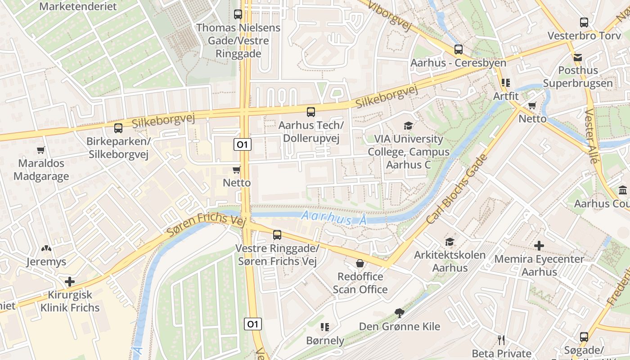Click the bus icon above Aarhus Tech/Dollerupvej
310,112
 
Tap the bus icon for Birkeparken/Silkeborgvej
118,128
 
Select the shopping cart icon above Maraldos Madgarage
41,150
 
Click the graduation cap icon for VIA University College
408,126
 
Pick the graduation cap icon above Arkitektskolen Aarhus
450,242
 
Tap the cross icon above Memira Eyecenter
539,246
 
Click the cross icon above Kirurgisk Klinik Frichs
70,282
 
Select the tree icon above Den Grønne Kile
399,313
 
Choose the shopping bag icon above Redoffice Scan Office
360,263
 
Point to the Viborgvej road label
390,15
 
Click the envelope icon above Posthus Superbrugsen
578,57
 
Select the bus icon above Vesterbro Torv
584,22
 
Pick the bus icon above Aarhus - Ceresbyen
458,49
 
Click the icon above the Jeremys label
46,248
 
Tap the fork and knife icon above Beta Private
502,340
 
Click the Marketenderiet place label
78,7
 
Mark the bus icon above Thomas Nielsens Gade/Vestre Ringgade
238,14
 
